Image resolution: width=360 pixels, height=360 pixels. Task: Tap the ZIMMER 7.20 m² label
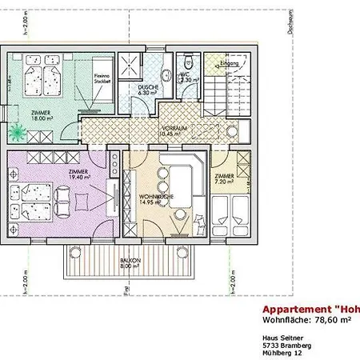pos(224,178)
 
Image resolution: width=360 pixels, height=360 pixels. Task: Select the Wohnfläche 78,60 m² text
pos(307,320)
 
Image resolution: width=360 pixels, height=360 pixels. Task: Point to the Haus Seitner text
pos(281,337)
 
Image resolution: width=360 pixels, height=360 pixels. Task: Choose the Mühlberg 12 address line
pos(282,353)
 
